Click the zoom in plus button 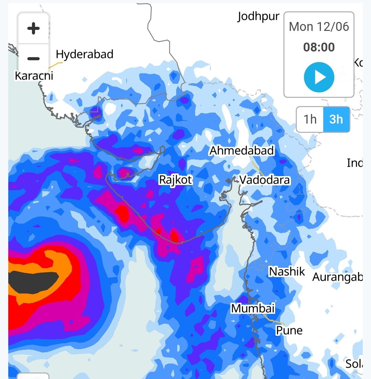33,28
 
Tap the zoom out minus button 33,58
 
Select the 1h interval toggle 310,119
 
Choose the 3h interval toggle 336,119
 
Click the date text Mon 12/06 319,27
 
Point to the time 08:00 319,47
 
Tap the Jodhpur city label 258,16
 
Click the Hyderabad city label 85,54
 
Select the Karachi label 34,76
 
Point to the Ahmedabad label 242,150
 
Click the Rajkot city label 175,180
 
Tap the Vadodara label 265,180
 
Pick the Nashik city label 287,272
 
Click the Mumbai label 253,308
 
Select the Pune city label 289,330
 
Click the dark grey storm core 33,282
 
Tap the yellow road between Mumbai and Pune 273,320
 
